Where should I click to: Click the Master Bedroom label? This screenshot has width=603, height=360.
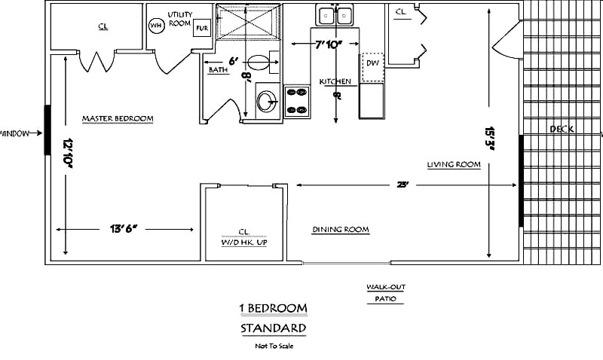118,119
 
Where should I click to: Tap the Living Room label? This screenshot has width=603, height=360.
453,165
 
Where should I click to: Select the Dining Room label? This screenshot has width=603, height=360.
341,230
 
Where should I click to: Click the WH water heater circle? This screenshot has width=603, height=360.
156,26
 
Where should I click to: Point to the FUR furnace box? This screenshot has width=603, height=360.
201,29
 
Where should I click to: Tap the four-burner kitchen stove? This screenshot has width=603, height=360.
297,101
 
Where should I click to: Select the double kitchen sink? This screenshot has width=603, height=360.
336,15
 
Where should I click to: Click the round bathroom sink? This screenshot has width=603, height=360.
265,101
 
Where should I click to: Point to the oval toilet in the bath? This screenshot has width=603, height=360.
258,63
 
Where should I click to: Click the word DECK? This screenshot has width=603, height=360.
562,130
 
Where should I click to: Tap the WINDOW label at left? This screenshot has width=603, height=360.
15,133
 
